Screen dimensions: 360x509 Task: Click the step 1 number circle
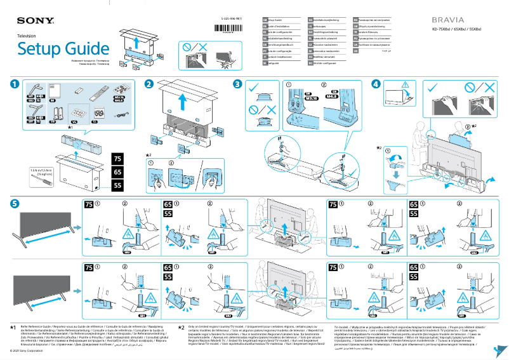click(13, 84)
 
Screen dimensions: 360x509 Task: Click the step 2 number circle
click(149, 84)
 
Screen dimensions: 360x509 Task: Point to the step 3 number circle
click(237, 84)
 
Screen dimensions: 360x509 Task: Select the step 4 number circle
click(376, 84)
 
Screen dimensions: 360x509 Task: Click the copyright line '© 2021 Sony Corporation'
click(26, 351)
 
